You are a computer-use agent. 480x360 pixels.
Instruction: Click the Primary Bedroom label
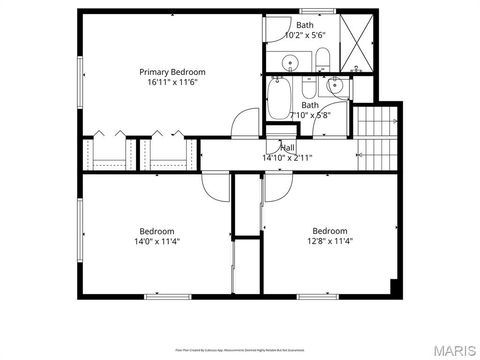[172, 72]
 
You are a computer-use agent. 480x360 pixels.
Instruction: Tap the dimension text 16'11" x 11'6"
[172, 82]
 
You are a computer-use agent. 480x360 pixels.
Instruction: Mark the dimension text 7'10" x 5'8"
[310, 115]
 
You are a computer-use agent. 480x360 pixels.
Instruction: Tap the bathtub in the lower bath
[278, 100]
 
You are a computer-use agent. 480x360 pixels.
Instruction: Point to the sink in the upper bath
[288, 64]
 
